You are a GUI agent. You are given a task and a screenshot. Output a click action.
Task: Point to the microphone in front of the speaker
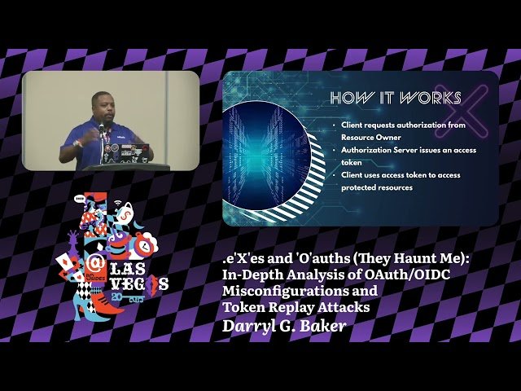[x=102, y=128]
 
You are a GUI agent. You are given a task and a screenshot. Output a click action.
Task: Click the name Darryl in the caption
[x=248, y=326]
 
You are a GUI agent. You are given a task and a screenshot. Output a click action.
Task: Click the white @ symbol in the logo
[x=93, y=264]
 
